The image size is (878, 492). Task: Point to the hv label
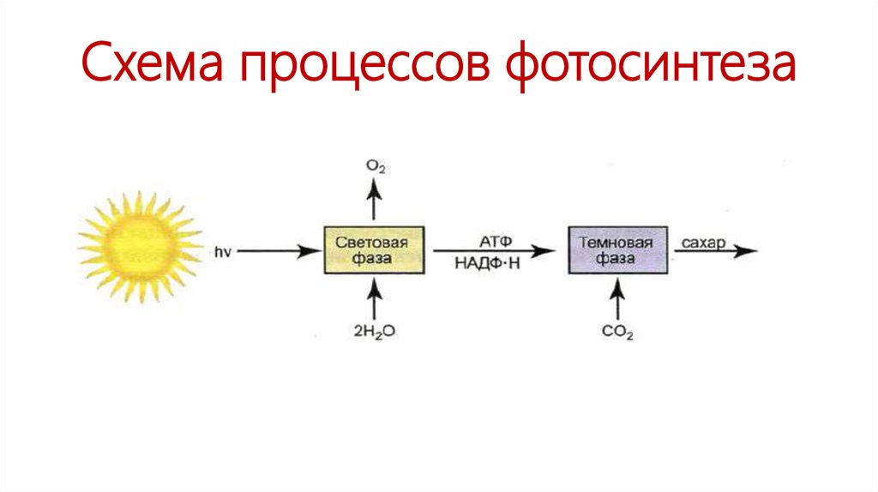[226, 251]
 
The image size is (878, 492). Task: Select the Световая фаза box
[374, 249]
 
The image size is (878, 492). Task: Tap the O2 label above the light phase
[375, 166]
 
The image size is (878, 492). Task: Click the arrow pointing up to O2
[374, 203]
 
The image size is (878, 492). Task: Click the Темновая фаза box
[617, 249]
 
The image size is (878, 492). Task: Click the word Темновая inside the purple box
[617, 243]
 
